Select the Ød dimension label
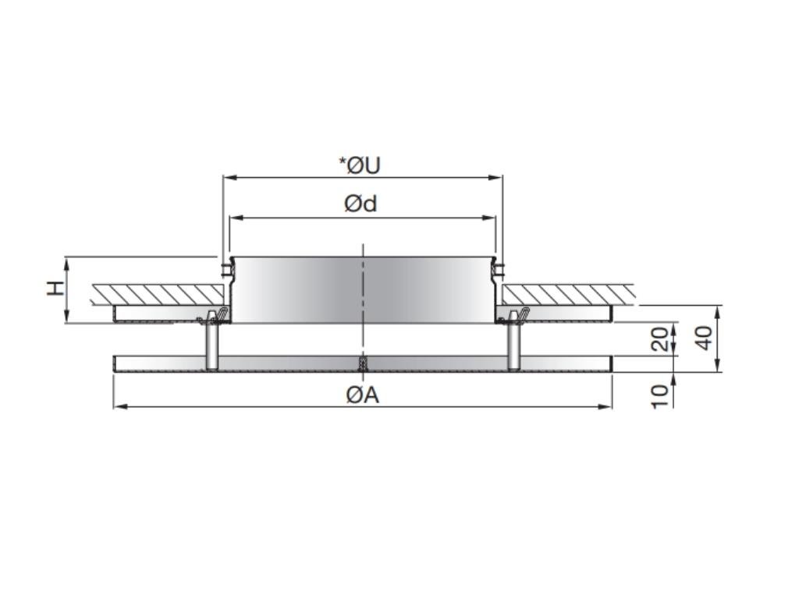(x=360, y=204)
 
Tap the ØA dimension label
(x=363, y=395)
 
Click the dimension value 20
(x=660, y=339)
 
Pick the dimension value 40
(x=704, y=337)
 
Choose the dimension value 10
(x=660, y=394)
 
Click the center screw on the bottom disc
(x=363, y=364)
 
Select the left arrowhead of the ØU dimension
(x=228, y=178)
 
